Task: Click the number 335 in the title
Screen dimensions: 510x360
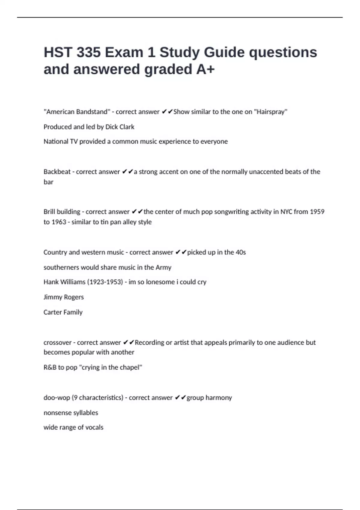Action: pyautogui.click(x=88, y=52)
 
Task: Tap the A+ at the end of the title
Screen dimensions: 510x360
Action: pyautogui.click(x=205, y=69)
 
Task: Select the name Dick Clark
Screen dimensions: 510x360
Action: pyautogui.click(x=120, y=127)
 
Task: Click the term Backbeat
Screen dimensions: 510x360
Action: pyautogui.click(x=57, y=172)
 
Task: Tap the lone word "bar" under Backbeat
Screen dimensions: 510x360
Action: pyautogui.click(x=48, y=182)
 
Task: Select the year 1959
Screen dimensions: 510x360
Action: pyautogui.click(x=317, y=212)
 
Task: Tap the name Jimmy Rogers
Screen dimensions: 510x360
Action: pyautogui.click(x=64, y=297)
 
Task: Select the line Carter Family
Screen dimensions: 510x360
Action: pyautogui.click(x=63, y=312)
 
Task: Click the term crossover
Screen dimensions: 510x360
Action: pyautogui.click(x=57, y=342)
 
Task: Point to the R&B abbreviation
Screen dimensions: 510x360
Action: pyautogui.click(x=50, y=367)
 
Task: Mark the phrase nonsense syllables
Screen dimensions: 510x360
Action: pyautogui.click(x=71, y=413)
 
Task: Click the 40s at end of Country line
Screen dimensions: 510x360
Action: pyautogui.click(x=241, y=252)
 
